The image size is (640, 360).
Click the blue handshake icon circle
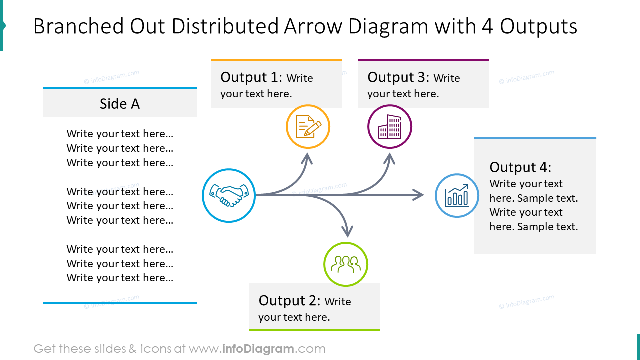pos(229,195)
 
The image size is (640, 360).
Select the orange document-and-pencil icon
pos(308,127)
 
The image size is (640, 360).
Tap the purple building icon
pos(390,127)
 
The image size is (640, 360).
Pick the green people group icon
pos(346,264)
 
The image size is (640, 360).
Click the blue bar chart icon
pos(457,196)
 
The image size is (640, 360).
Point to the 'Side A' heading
pos(120,104)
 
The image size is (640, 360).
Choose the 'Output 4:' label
pos(520,167)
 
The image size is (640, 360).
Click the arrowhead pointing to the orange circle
pos(307,158)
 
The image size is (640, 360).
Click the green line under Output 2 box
pos(314,330)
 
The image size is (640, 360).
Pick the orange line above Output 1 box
pos(276,60)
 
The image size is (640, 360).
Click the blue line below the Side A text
pos(120,303)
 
